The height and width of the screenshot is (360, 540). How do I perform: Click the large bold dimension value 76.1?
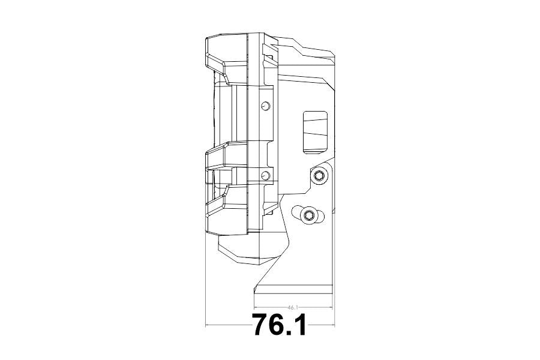pyautogui.click(x=280, y=325)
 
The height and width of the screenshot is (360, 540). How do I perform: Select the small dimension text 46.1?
pyautogui.click(x=293, y=307)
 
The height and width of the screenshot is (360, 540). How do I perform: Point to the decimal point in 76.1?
pyautogui.click(x=290, y=334)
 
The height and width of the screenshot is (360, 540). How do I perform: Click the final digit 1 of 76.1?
pyautogui.click(x=299, y=325)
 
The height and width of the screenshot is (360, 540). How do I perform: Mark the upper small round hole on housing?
pyautogui.click(x=265, y=106)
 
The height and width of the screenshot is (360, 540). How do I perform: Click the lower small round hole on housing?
pyautogui.click(x=265, y=175)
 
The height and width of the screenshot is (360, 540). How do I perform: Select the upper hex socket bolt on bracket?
pyautogui.click(x=319, y=175)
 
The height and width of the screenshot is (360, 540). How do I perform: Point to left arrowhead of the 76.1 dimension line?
pyautogui.click(x=207, y=325)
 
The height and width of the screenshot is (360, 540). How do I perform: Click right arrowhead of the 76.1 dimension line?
pyautogui.click(x=333, y=325)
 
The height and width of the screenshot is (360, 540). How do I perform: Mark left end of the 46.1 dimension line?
pyautogui.click(x=254, y=307)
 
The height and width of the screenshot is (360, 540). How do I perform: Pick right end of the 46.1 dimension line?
pyautogui.click(x=333, y=307)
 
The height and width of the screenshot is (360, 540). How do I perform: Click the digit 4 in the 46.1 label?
pyautogui.click(x=290, y=307)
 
